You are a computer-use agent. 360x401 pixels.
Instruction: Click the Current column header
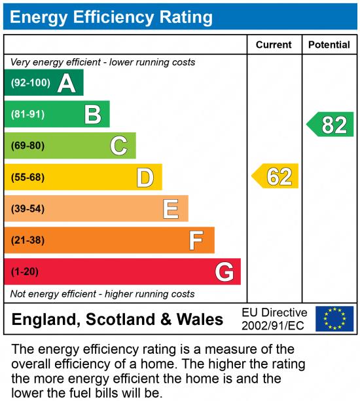click(274, 45)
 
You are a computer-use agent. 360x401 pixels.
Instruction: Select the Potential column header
click(329, 45)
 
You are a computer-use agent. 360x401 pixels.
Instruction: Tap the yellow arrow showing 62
click(276, 177)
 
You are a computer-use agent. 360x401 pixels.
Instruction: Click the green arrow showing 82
click(331, 124)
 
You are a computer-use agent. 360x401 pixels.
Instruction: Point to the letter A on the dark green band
click(66, 83)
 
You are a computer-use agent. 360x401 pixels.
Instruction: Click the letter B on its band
click(92, 115)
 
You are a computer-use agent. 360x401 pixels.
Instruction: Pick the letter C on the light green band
click(118, 145)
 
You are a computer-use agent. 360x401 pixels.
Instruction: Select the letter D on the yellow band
click(145, 177)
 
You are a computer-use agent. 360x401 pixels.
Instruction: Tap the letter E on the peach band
click(171, 209)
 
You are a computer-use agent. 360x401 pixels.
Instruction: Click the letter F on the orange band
click(196, 240)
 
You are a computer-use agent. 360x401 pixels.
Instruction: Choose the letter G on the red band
click(225, 271)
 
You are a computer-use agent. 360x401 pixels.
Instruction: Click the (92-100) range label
click(30, 83)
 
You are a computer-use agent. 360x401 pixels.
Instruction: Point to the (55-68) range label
click(27, 177)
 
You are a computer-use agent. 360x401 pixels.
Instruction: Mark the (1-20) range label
click(25, 271)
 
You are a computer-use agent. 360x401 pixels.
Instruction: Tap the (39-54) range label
click(27, 209)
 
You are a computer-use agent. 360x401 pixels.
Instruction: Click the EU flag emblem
click(334, 319)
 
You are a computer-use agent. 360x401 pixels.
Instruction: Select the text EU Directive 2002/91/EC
click(274, 319)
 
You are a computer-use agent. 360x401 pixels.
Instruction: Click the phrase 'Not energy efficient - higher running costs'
click(102, 294)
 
